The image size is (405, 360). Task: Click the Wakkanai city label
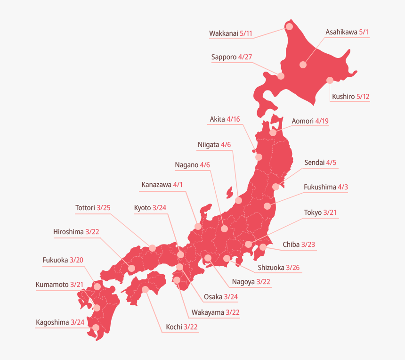(224, 33)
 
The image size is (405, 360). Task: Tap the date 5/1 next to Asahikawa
(364, 33)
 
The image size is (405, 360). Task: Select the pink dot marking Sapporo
(281, 76)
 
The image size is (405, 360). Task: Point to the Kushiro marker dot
(330, 80)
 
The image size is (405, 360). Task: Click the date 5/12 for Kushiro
(363, 97)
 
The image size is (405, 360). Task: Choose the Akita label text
(217, 119)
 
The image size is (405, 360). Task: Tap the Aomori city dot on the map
(273, 133)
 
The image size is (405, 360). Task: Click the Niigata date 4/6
(226, 145)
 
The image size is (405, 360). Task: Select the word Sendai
(314, 163)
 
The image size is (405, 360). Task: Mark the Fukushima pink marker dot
(267, 206)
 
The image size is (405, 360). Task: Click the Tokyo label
(313, 213)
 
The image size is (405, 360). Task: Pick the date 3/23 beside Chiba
(308, 245)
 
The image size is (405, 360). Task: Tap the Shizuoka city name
(271, 268)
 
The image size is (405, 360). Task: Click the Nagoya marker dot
(208, 258)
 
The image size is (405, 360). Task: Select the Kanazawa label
(156, 185)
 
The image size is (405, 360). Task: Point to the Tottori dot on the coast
(152, 248)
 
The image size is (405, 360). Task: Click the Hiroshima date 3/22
(96, 232)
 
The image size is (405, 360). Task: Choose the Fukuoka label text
(55, 260)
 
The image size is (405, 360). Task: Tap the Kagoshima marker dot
(96, 327)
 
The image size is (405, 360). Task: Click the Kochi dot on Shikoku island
(145, 289)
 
